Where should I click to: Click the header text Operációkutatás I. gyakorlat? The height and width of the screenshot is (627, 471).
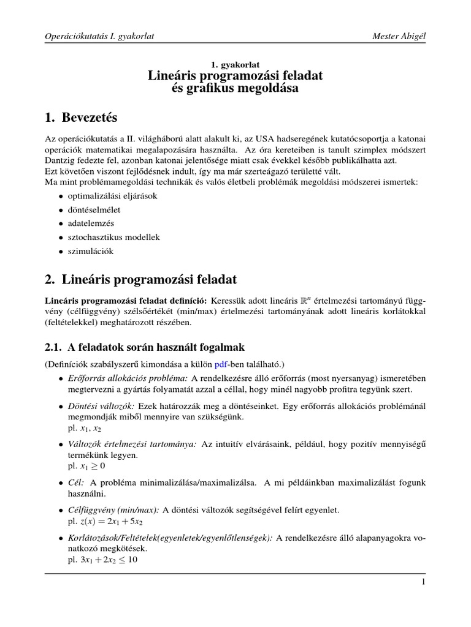coord(100,37)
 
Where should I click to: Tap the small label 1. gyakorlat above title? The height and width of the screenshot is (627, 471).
coord(235,64)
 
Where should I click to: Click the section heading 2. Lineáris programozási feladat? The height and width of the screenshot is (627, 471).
coord(140,280)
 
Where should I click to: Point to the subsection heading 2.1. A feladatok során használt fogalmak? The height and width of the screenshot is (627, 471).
coord(145,347)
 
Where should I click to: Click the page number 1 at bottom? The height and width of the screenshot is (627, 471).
coord(423,582)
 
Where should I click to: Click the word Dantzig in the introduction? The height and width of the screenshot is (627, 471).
coord(61,160)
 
